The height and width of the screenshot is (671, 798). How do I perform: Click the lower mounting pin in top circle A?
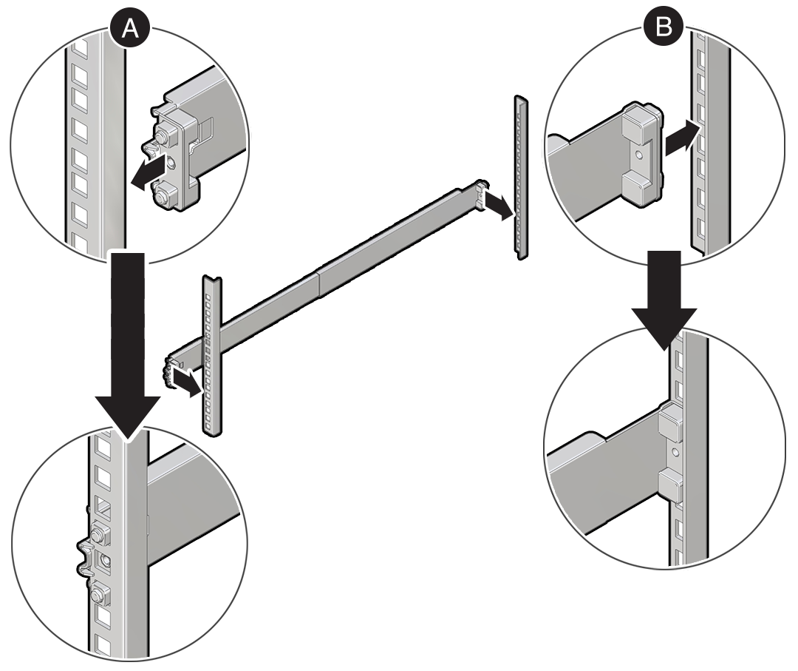coord(163,195)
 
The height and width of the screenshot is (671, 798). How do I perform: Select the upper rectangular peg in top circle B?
coord(639,122)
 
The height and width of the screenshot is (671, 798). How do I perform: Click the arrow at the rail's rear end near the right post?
coord(497,207)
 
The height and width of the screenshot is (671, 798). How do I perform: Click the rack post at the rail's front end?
coord(210,355)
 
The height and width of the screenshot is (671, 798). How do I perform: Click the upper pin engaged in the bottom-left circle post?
coord(99,532)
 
